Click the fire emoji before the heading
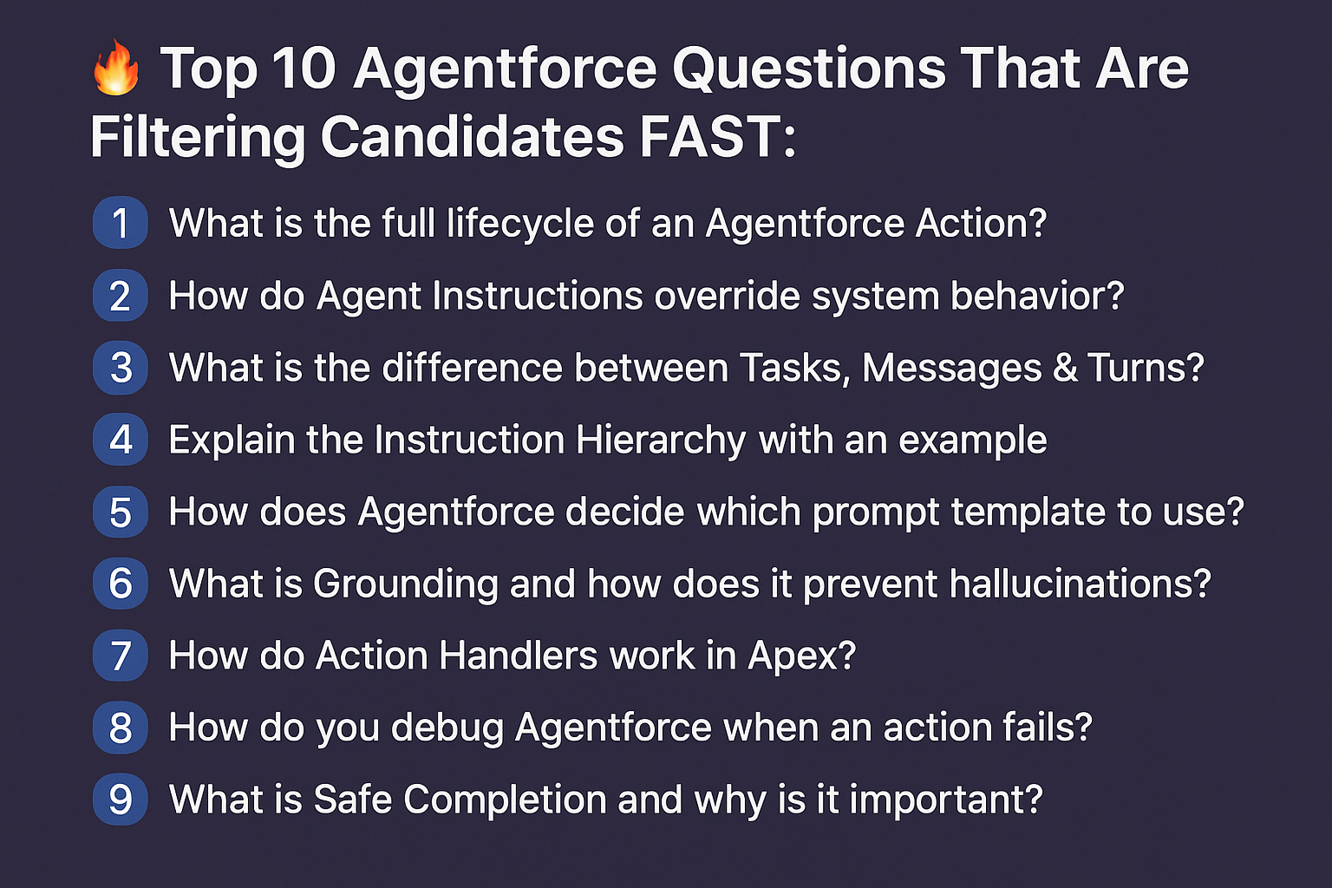(116, 68)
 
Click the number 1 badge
(121, 223)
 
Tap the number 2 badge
(121, 296)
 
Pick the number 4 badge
(121, 440)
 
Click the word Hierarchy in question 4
(661, 440)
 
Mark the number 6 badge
(121, 584)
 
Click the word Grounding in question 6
(405, 584)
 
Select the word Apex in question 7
(801, 656)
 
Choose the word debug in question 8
(447, 728)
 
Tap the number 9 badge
(121, 799)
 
